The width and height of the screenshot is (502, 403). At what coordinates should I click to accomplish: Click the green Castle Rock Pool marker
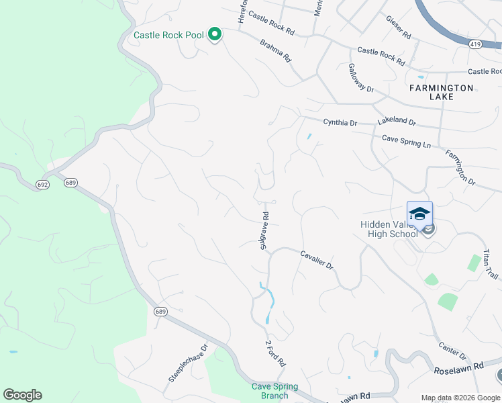pyautogui.click(x=215, y=34)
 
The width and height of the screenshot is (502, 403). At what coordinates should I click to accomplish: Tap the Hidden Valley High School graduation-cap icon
pyautogui.click(x=419, y=214)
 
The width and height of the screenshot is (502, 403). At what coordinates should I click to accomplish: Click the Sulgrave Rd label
pyautogui.click(x=265, y=231)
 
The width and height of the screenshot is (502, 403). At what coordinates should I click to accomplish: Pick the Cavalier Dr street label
pyautogui.click(x=317, y=259)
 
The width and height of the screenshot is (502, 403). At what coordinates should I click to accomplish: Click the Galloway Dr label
pyautogui.click(x=360, y=78)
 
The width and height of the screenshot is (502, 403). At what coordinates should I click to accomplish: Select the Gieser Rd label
pyautogui.click(x=398, y=27)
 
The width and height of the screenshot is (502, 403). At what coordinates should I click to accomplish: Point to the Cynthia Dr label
pyautogui.click(x=340, y=123)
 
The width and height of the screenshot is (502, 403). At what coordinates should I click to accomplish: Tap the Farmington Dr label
pyautogui.click(x=460, y=168)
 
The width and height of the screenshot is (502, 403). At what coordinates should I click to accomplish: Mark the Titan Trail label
pyautogui.click(x=491, y=265)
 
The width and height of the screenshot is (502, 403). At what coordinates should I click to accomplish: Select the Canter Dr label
pyautogui.click(x=452, y=349)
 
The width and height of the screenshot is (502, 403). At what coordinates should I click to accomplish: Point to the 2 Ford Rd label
pyautogui.click(x=275, y=353)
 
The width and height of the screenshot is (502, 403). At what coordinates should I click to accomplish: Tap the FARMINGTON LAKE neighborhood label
pyautogui.click(x=442, y=92)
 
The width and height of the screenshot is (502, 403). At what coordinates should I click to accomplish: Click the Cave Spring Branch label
pyautogui.click(x=270, y=391)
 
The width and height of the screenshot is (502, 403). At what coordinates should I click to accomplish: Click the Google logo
pyautogui.click(x=22, y=395)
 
